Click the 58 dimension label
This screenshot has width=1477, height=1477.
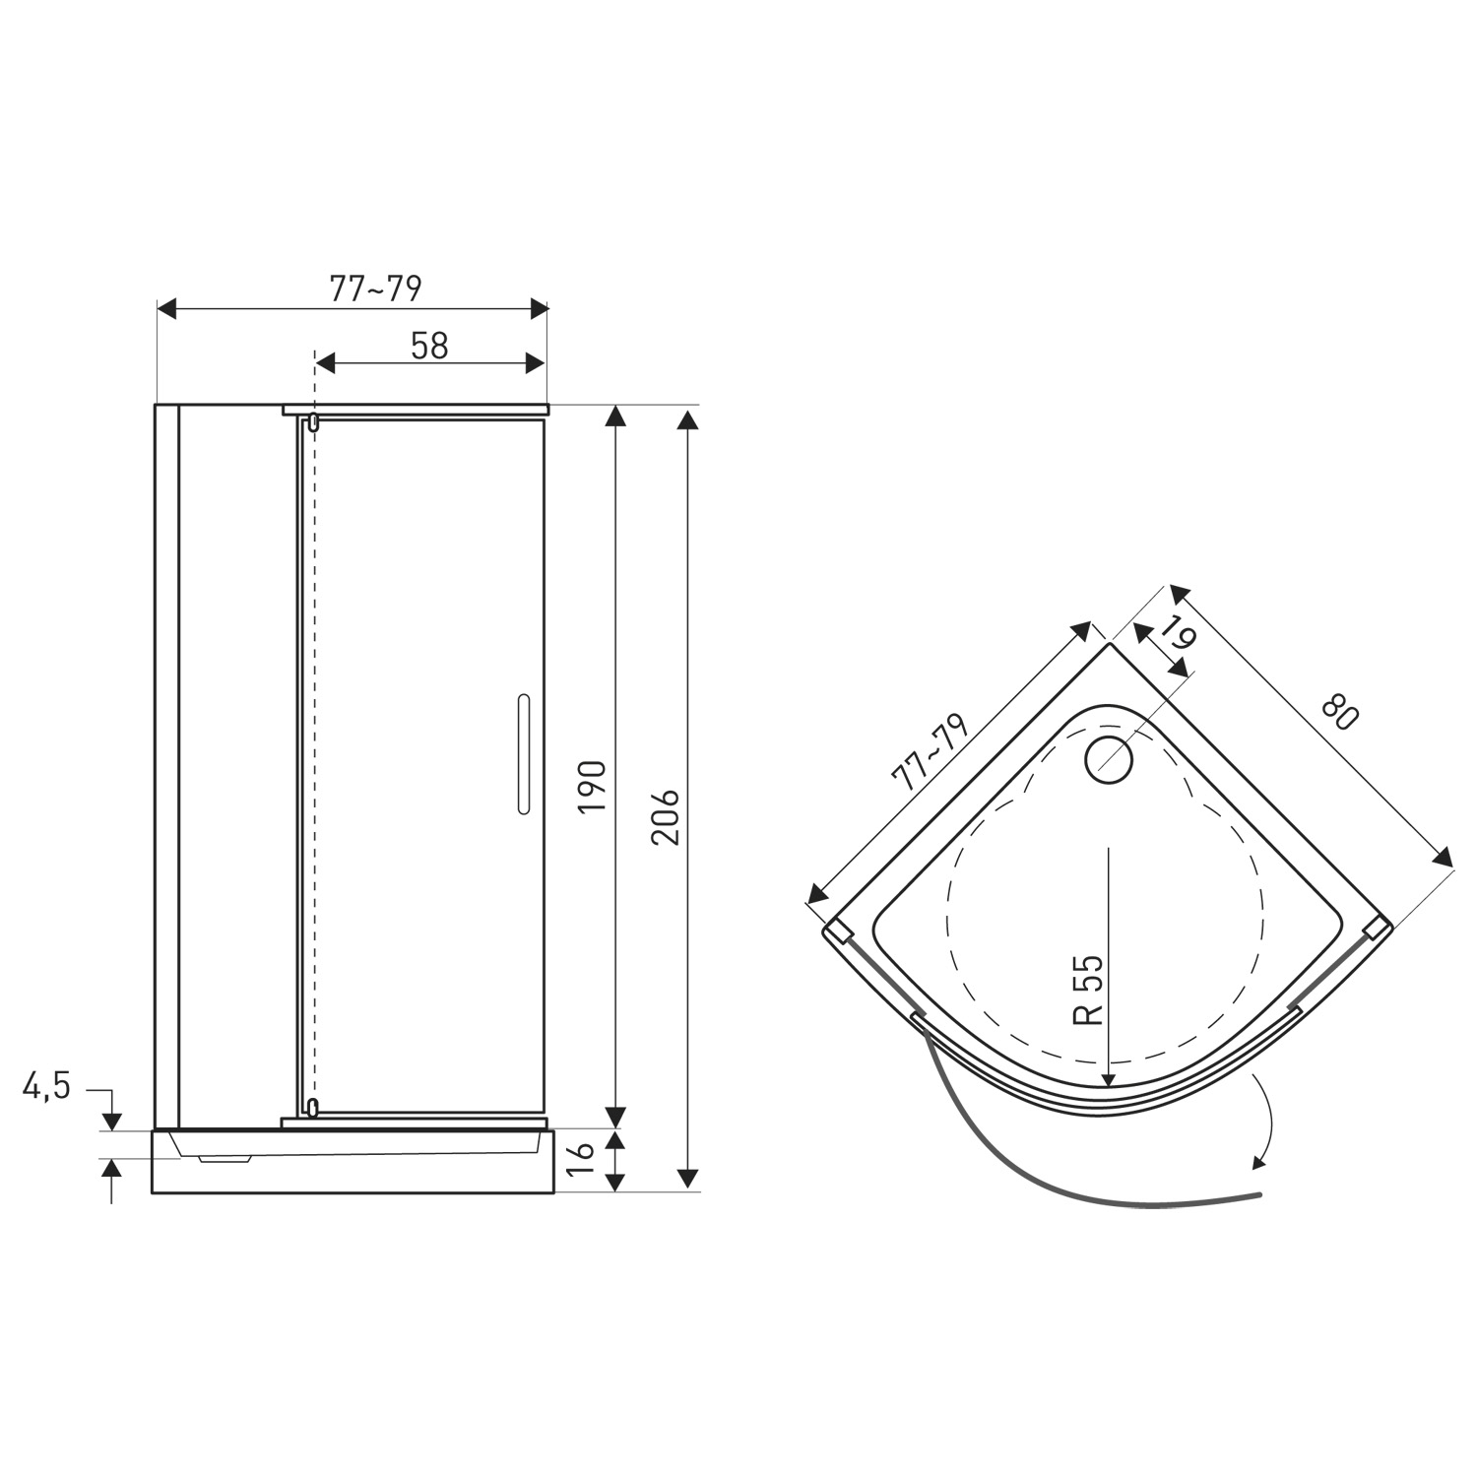click(429, 346)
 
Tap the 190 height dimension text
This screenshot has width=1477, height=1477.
click(593, 786)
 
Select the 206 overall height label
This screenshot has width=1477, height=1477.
click(666, 816)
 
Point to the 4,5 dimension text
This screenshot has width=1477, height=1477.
click(47, 1087)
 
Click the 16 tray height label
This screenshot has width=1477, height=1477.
click(580, 1160)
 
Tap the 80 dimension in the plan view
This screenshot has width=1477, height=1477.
click(1340, 711)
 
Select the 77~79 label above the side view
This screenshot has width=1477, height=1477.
click(375, 289)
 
